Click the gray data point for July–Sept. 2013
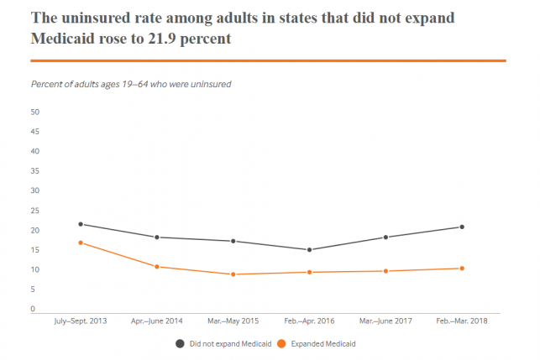[81, 224]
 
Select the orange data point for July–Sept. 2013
[81, 243]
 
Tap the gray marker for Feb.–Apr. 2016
[309, 250]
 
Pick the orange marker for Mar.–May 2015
[233, 274]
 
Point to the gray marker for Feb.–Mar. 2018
[462, 227]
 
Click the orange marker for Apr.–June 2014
[157, 267]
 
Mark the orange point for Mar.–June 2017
[385, 271]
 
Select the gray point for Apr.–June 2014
[157, 237]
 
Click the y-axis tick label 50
[35, 112]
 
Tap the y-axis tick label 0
[34, 309]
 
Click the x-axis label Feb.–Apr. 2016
[309, 321]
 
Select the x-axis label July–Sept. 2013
[81, 321]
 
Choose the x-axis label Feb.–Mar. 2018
[462, 321]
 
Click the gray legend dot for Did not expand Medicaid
[180, 343]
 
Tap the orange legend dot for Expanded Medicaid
[281, 343]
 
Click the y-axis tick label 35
[35, 171]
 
